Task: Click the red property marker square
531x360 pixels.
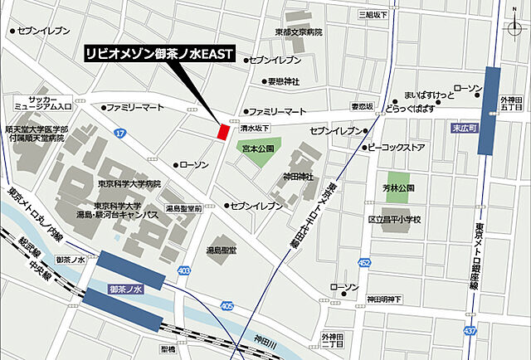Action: (222, 131)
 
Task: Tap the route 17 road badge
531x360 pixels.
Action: (121, 133)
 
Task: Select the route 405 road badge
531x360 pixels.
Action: (227, 306)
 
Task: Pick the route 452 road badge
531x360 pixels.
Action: (364, 263)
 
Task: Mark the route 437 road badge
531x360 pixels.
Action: (471, 331)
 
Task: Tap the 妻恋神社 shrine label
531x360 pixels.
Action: (283, 81)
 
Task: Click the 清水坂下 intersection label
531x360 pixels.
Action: (255, 129)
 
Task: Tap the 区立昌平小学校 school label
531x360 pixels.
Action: (395, 219)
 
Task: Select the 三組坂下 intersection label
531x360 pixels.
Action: (373, 14)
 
